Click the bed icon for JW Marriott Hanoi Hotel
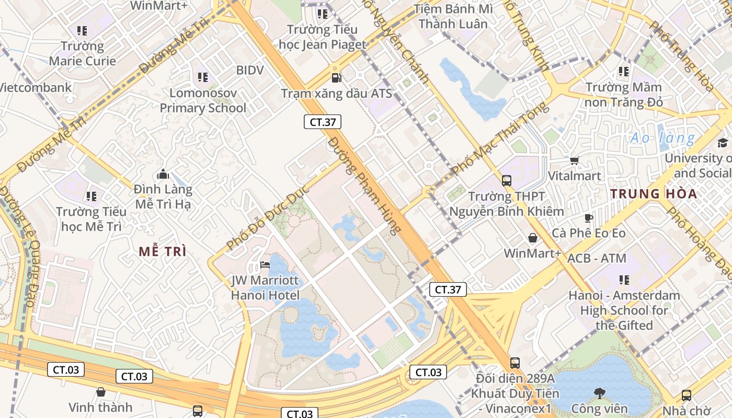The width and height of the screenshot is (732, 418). coord(265,265)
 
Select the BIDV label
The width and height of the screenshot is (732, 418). coord(249,70)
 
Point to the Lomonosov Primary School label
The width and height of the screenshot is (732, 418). coord(203,100)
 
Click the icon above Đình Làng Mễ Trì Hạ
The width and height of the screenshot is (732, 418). coord(163,174)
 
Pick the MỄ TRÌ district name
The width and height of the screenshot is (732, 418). coord(163,251)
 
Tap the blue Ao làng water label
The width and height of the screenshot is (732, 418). coord(662,138)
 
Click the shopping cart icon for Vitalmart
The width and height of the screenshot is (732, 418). coord(574,160)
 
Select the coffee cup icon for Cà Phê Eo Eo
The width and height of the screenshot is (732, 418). coord(589,218)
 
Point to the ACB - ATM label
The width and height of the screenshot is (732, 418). coord(597,258)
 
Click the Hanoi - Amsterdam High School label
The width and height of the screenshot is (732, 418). coord(624,310)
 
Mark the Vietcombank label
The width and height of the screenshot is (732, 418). coord(35,87)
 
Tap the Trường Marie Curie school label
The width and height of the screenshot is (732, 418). coord(83,53)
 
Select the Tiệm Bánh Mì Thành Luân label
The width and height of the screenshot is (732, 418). coord(453,16)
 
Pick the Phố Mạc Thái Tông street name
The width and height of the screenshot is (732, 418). coord(501,138)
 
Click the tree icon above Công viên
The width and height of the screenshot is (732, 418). coord(599,393)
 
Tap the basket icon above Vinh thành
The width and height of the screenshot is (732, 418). coord(101,391)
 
